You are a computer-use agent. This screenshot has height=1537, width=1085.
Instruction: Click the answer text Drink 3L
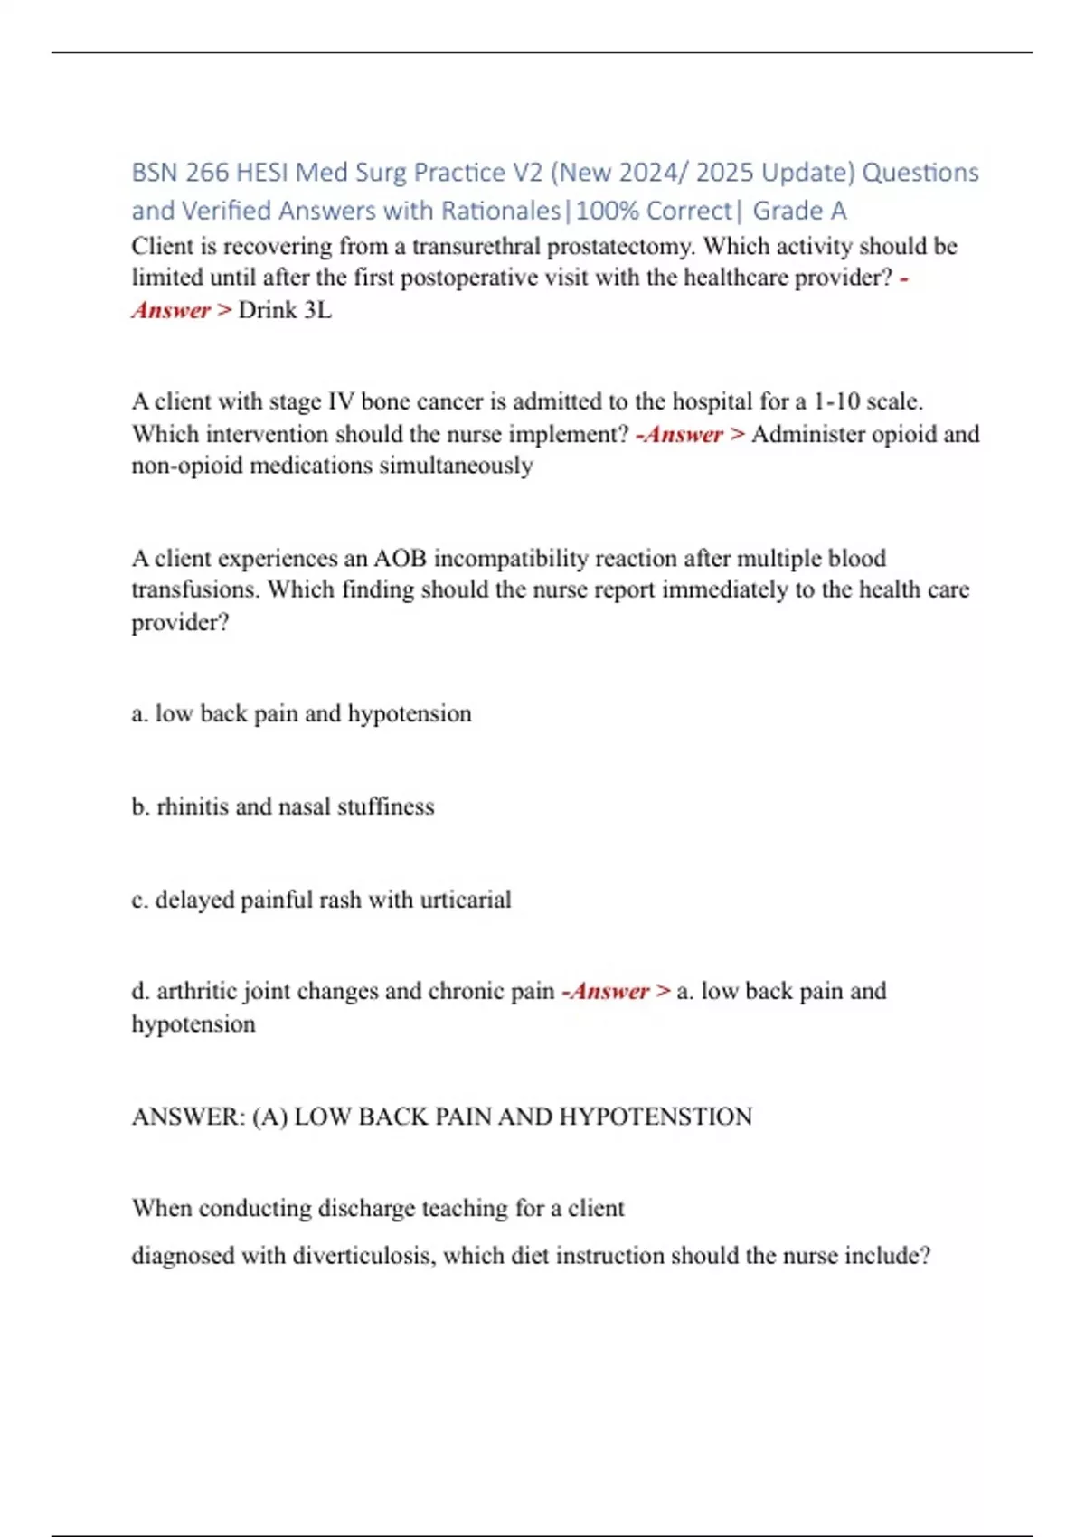pos(285,310)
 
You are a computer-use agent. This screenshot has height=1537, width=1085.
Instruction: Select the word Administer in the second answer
pos(808,434)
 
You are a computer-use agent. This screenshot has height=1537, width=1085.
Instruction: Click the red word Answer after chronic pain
pos(609,991)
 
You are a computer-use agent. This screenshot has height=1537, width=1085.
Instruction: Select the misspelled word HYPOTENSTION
pos(656,1117)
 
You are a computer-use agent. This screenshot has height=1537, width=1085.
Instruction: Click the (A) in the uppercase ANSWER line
pos(269,1117)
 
